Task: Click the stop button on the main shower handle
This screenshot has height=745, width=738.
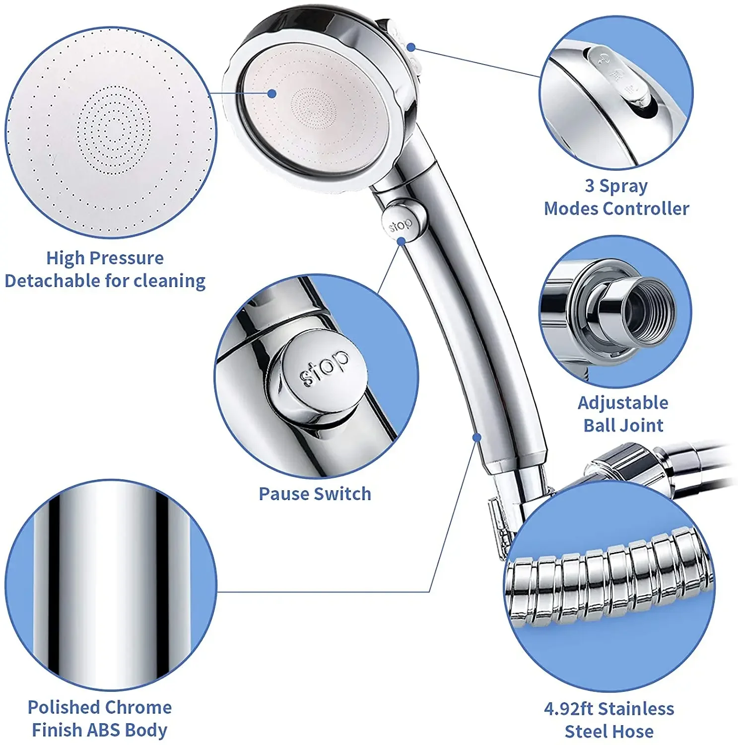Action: coord(400,225)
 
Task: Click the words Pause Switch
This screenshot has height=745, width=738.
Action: coord(315,494)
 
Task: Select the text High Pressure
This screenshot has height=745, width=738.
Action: coord(105,258)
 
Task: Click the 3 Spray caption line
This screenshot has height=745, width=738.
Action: coord(616,186)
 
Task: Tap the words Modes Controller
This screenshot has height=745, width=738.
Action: coord(616,209)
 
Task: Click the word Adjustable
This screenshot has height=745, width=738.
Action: coord(623,402)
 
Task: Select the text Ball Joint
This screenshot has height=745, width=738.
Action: coord(623,425)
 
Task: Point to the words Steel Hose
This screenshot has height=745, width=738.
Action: coord(609,731)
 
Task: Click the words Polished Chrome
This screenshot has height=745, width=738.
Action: coord(100,707)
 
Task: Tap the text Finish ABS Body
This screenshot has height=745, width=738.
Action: coord(99,730)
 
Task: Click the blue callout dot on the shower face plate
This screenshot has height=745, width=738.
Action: coord(271,93)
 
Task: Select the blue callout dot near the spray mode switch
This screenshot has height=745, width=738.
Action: coord(411,47)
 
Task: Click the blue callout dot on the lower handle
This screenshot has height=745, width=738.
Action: coord(476,437)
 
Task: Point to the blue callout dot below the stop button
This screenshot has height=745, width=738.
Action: coord(402,241)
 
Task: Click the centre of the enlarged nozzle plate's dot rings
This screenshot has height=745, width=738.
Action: coord(114,130)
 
